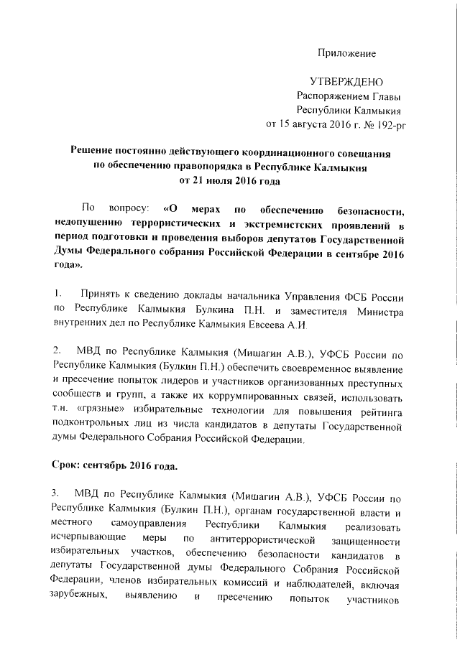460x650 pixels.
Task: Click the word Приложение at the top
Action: [347, 54]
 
